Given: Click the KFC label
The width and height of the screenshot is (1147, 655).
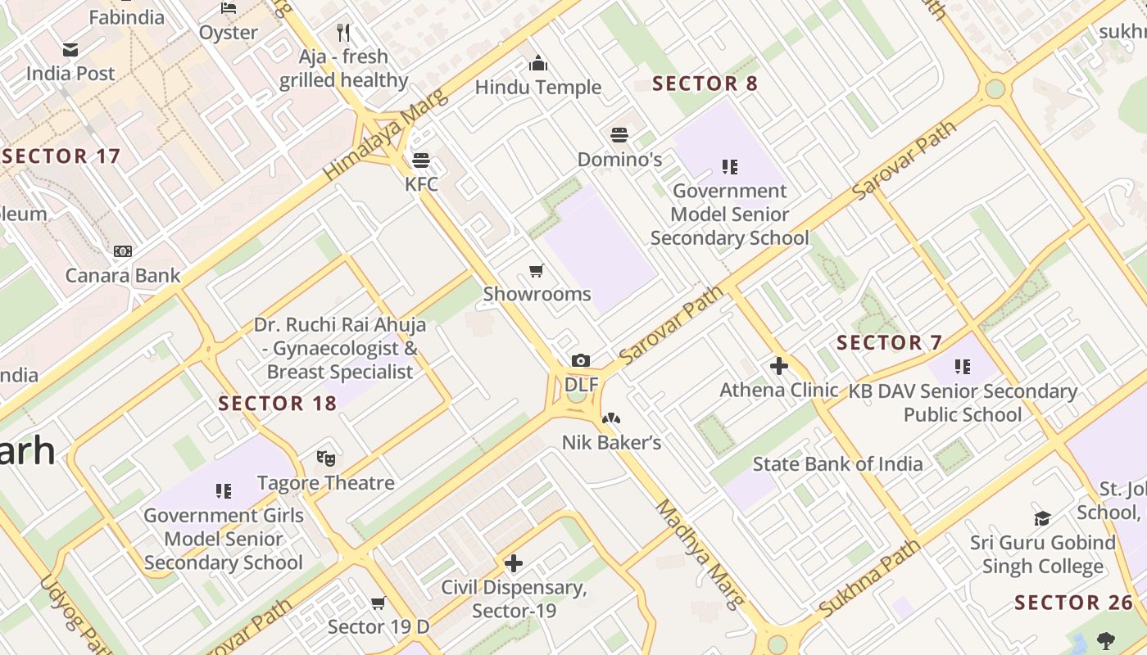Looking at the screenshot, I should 421,184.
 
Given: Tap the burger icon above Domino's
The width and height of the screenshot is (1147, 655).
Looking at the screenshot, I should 619,135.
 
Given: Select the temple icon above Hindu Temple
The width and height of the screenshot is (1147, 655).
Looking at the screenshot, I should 538,63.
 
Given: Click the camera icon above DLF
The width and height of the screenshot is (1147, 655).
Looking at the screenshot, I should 580,360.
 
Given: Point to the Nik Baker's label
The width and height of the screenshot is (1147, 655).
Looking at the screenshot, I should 611,443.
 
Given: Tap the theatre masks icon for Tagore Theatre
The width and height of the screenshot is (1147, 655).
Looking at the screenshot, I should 326,458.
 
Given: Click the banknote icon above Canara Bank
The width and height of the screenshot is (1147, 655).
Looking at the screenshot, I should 123,251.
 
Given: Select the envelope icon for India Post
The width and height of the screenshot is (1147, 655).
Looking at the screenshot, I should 70,50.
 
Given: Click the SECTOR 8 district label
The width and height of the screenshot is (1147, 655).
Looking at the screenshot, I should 705,84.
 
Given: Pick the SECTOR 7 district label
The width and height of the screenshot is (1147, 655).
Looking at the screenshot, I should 889,342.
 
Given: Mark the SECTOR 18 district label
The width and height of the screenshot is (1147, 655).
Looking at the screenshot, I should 278,404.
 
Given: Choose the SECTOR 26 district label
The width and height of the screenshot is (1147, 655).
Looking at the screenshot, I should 1073,603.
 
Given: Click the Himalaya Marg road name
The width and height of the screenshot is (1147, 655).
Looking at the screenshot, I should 386,135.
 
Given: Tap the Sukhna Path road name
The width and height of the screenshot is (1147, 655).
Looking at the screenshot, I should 869,579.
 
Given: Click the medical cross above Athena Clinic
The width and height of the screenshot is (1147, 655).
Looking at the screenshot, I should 778,366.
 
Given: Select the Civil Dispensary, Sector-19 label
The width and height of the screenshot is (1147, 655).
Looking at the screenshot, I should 514,599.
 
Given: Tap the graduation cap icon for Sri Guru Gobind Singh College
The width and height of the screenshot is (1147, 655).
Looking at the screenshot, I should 1042,518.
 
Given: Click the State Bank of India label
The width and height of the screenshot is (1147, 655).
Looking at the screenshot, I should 837,464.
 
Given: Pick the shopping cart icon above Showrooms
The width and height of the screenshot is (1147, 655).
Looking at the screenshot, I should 537,270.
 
